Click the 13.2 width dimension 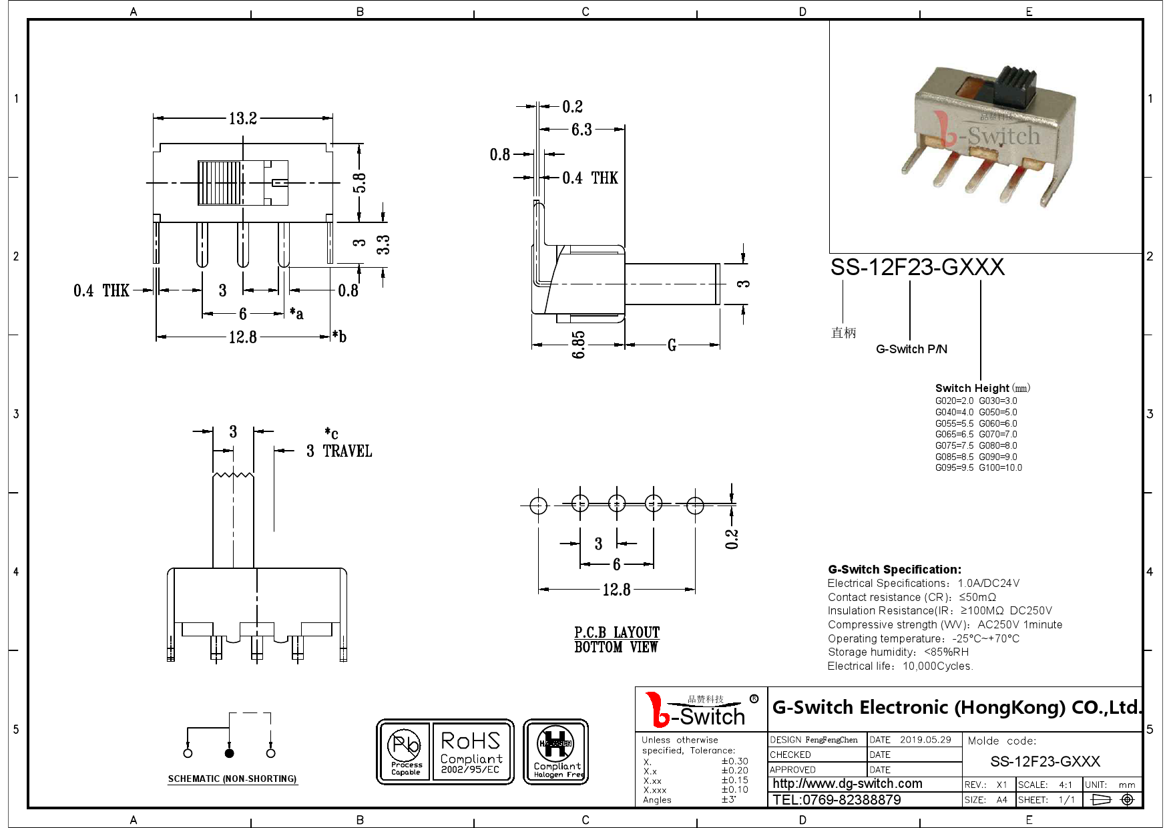pyautogui.click(x=242, y=119)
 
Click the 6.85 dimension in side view pyautogui.click(x=578, y=345)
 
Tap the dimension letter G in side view pyautogui.click(x=672, y=345)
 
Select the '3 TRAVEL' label pyautogui.click(x=339, y=451)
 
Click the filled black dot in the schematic pyautogui.click(x=230, y=753)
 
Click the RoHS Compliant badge pyautogui.click(x=471, y=751)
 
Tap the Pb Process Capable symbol pyautogui.click(x=405, y=751)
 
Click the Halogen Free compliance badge pyautogui.click(x=555, y=751)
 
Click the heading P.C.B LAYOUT pyautogui.click(x=617, y=632)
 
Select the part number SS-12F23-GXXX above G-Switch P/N pyautogui.click(x=917, y=267)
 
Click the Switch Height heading pyautogui.click(x=972, y=388)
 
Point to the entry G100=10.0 pyautogui.click(x=1000, y=467)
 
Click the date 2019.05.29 pyautogui.click(x=925, y=740)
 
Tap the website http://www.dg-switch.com pyautogui.click(x=847, y=784)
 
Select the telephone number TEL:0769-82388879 pyautogui.click(x=837, y=800)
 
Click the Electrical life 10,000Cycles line pyautogui.click(x=900, y=666)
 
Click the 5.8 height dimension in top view pyautogui.click(x=359, y=182)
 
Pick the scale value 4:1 pyautogui.click(x=1065, y=785)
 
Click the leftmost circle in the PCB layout pyautogui.click(x=538, y=505)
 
